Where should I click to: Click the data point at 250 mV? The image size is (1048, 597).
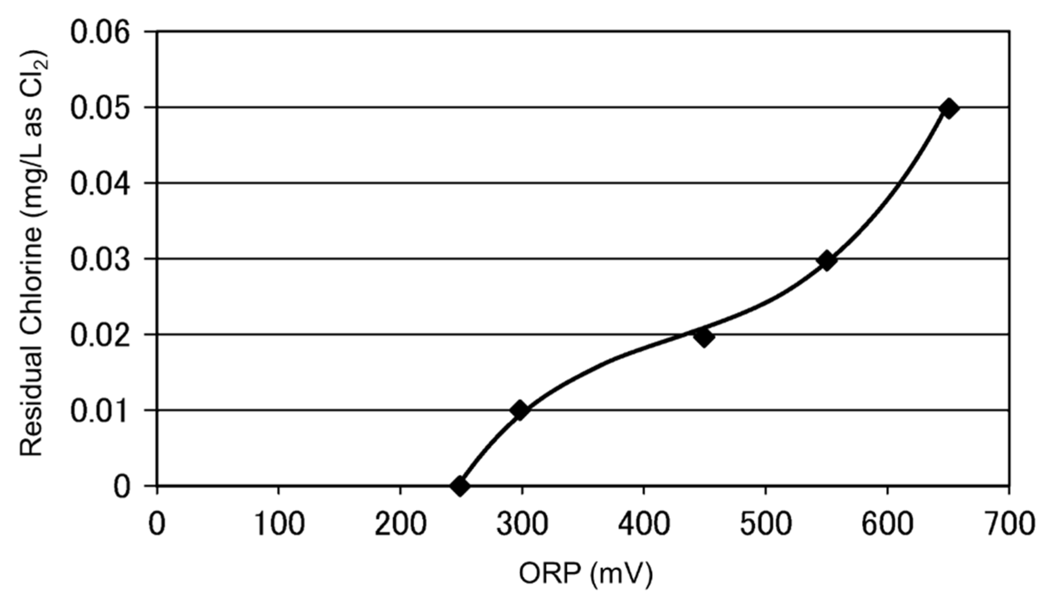[x=459, y=486]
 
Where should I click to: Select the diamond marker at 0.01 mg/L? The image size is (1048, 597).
[x=520, y=410]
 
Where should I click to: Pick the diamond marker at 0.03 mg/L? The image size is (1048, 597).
[x=826, y=261]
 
